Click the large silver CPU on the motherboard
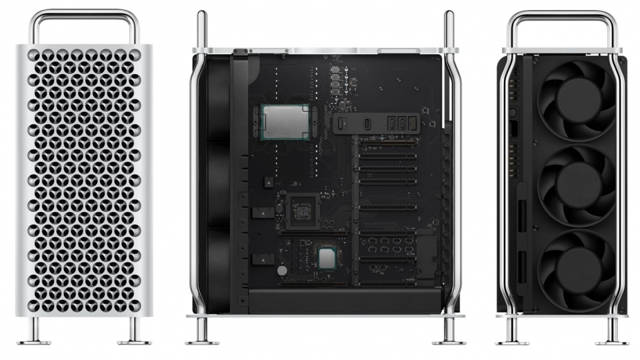pos(285,122)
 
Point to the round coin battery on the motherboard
pos(283,271)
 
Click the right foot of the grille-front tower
pos(134,339)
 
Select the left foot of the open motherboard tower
pos(202,339)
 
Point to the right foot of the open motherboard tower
pos(449,339)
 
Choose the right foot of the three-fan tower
pos(611,339)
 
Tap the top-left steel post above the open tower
pos(202,28)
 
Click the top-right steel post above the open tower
pos(449,28)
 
